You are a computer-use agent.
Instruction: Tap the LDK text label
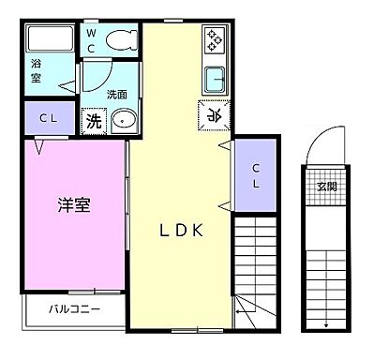point(180,232)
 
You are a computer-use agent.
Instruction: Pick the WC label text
point(92,40)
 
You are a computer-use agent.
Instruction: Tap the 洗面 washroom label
point(117,95)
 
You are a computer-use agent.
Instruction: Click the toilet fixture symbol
point(120,39)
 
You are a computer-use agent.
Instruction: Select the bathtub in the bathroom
point(51,39)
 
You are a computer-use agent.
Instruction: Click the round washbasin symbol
point(125,120)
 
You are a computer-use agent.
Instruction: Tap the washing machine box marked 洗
point(94,120)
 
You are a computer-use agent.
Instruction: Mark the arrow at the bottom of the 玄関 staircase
point(325,324)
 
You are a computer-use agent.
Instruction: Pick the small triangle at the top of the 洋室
point(38,147)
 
